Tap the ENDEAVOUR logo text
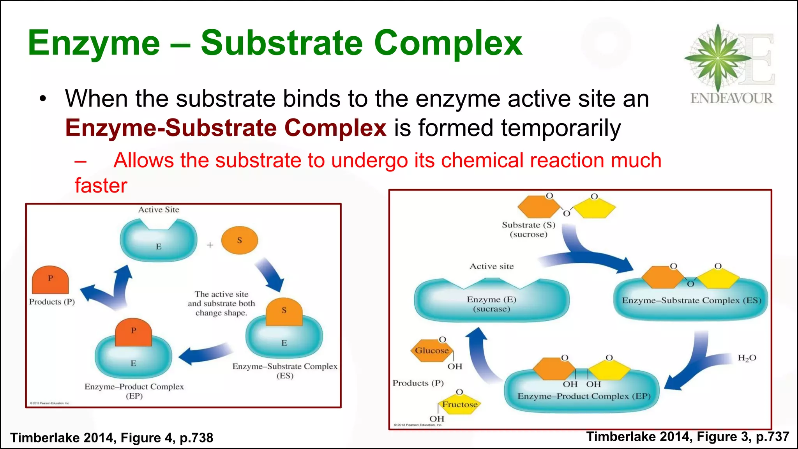point(731,98)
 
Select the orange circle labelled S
point(239,240)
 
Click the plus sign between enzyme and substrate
point(210,245)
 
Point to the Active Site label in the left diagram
point(159,210)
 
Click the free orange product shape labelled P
point(50,281)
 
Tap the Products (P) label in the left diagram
point(52,302)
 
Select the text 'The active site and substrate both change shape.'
point(221,304)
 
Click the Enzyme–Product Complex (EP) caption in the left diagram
point(134,391)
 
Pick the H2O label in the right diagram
point(747,358)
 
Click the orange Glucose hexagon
point(431,350)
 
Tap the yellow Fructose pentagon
point(460,405)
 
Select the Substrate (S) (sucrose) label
point(529,230)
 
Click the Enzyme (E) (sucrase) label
point(491,304)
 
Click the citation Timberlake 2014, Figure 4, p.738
point(112,438)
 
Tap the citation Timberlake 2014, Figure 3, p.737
point(688,437)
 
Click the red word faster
point(101,186)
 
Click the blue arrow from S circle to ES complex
point(270,274)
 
